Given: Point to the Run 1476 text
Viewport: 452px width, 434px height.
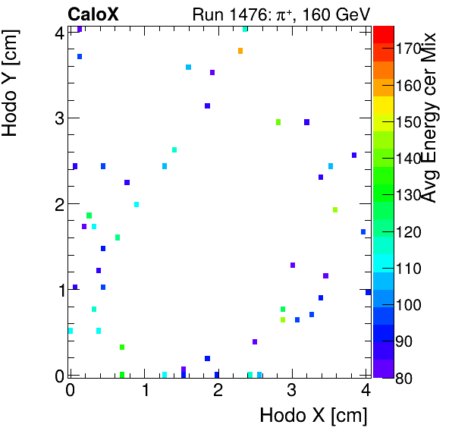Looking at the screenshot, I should [x=234, y=14].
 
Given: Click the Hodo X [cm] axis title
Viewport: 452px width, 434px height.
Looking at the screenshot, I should [x=313, y=415].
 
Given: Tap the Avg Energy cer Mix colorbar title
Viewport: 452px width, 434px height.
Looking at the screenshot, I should [x=429, y=118].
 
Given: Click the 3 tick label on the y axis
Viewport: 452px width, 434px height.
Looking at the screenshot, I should [x=57, y=118].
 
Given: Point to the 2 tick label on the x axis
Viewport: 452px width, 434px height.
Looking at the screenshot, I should [x=218, y=391].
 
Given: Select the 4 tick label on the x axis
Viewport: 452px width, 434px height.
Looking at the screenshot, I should [x=366, y=391].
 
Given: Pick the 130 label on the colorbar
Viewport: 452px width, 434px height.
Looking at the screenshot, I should [x=410, y=196].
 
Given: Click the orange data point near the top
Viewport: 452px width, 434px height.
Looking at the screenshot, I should [x=240, y=51].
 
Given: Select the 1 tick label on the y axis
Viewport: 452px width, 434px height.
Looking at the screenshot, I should [x=57, y=290].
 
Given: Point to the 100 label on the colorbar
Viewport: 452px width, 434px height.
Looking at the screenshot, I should [x=410, y=305].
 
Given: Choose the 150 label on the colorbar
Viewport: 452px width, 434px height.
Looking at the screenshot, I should [x=410, y=122].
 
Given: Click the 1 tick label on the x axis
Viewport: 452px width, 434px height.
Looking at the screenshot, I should [x=144, y=391].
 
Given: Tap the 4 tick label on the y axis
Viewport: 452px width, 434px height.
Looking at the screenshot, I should [x=57, y=32].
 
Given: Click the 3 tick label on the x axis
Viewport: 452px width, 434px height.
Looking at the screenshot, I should [x=292, y=391].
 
